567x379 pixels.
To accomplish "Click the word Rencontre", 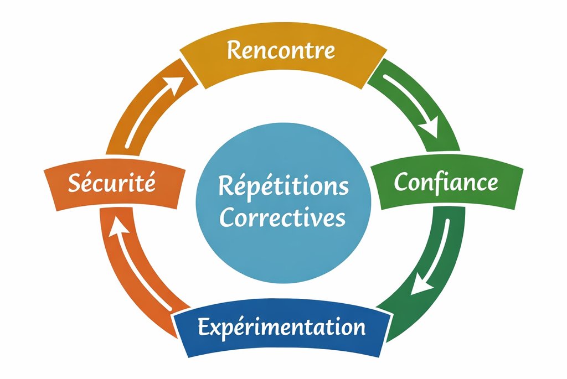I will tap(281, 50).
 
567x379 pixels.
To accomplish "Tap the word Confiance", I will tap(445, 182).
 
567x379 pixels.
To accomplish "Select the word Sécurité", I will tap(111, 183).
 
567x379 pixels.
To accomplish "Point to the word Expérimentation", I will tap(281, 328).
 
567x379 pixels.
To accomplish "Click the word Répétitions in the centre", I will tap(283, 186).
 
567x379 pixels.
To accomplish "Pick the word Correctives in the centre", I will tap(282, 217).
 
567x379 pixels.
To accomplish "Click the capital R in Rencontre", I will tap(234, 50).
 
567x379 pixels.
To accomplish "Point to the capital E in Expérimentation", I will tap(204, 328).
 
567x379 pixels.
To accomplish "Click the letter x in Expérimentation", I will tap(216, 329).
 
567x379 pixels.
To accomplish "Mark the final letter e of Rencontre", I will tap(329, 52).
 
